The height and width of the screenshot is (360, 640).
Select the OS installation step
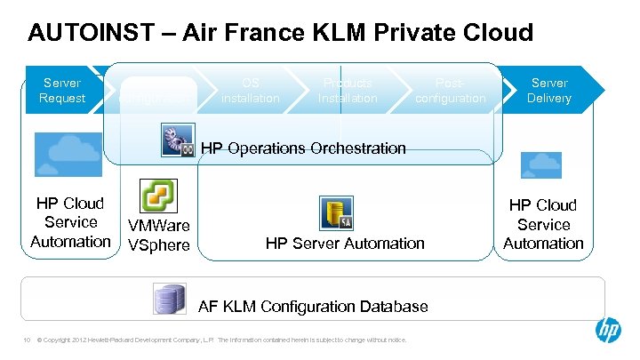coord(250,91)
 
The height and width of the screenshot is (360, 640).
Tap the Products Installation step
coord(348,91)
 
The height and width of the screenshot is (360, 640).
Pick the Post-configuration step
coord(450,91)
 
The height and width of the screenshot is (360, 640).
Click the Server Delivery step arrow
coord(548,91)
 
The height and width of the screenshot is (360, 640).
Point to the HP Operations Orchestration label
coord(303,148)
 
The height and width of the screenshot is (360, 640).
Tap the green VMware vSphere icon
coord(159,198)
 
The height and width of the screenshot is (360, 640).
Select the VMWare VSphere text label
coord(159,236)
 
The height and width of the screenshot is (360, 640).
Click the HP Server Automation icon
coord(336,213)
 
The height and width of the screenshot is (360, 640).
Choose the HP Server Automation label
coord(346,243)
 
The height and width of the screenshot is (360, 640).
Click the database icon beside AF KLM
coord(169,299)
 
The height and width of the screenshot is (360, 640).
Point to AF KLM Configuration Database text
coord(313,307)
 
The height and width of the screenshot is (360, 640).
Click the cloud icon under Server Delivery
coord(541,165)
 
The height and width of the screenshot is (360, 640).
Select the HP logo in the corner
coord(608,331)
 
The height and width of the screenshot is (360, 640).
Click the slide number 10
coord(27,340)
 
